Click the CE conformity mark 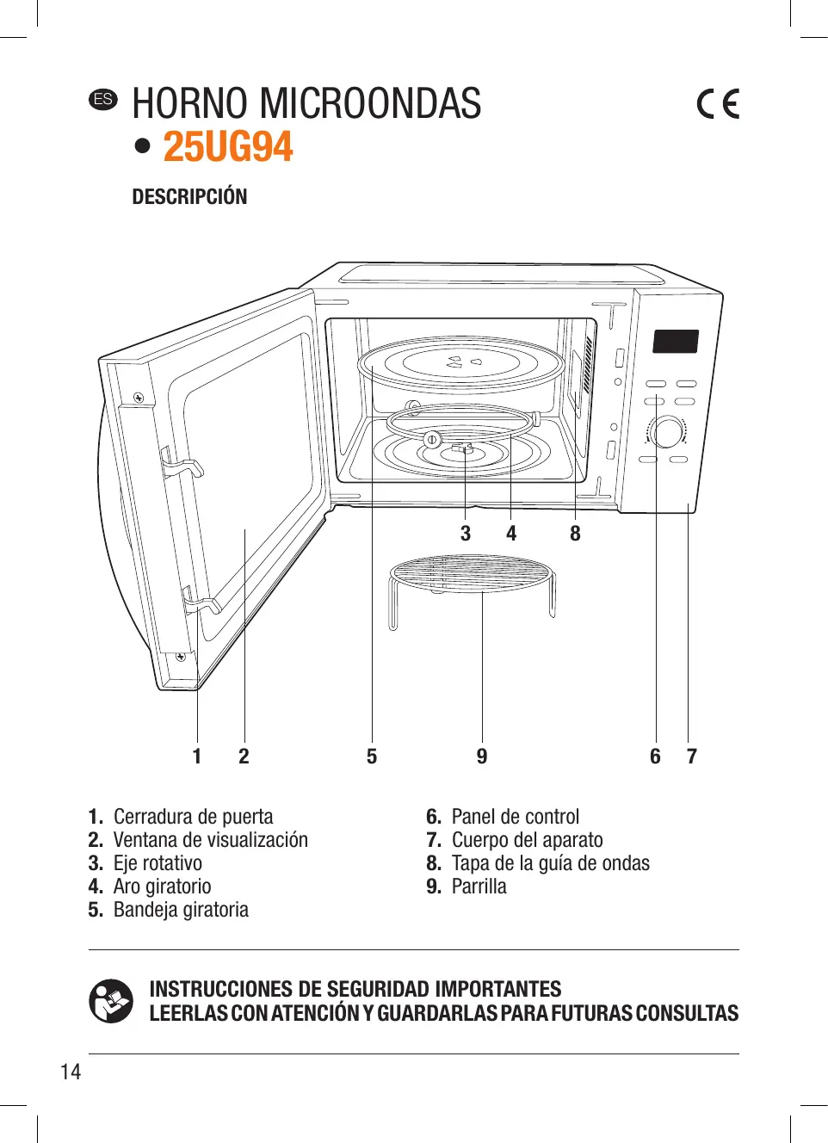[x=718, y=103]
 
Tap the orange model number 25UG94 [x=228, y=147]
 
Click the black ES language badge [x=102, y=99]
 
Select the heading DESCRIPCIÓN [x=189, y=196]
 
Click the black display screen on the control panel [x=676, y=342]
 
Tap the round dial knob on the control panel [x=667, y=432]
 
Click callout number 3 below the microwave [x=466, y=534]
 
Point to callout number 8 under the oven [x=576, y=534]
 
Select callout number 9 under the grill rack [x=482, y=757]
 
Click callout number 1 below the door [x=197, y=757]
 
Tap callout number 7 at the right [x=692, y=757]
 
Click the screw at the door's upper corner [x=139, y=398]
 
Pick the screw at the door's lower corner [x=180, y=657]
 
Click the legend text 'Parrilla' [x=479, y=887]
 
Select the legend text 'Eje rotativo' [x=158, y=863]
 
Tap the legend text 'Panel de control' [x=516, y=817]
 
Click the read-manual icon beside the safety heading [x=111, y=1001]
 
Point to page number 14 [x=71, y=1072]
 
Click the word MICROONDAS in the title [x=370, y=103]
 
